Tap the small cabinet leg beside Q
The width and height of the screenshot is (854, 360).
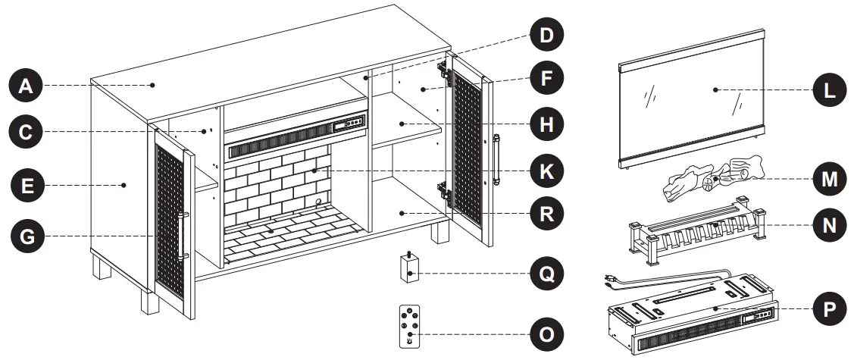point(410,267)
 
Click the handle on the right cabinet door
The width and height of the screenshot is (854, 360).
point(497,160)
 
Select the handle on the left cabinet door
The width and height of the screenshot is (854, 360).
point(183,236)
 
